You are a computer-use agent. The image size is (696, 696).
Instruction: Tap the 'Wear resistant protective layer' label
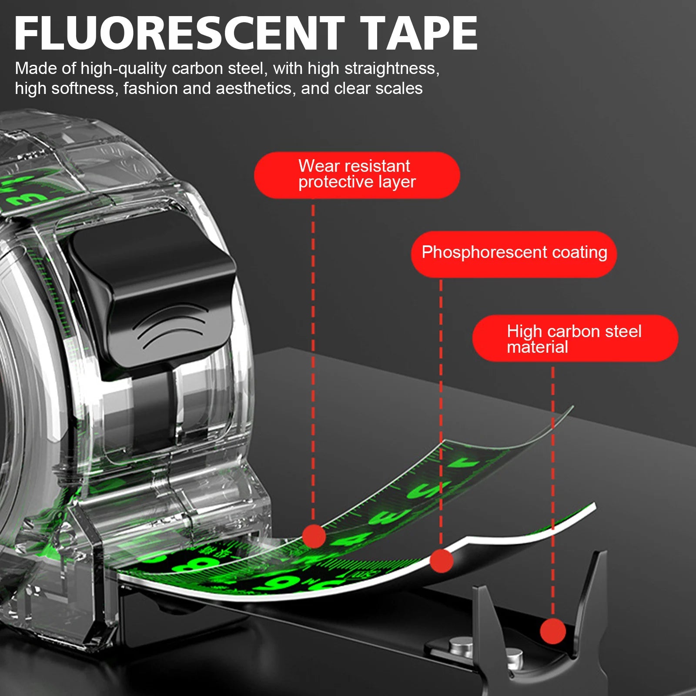pyautogui.click(x=357, y=174)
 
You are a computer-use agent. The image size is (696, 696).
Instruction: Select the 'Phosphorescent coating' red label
pyautogui.click(x=514, y=254)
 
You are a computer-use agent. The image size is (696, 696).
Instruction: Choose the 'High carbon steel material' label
pyautogui.click(x=575, y=339)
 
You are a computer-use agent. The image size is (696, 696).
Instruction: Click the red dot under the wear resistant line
pyautogui.click(x=314, y=536)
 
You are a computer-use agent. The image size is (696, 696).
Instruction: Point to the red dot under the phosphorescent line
pyautogui.click(x=441, y=561)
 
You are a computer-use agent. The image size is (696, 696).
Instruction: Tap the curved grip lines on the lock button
pyautogui.click(x=172, y=326)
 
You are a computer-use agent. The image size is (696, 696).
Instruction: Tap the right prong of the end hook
pyautogui.click(x=596, y=579)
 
